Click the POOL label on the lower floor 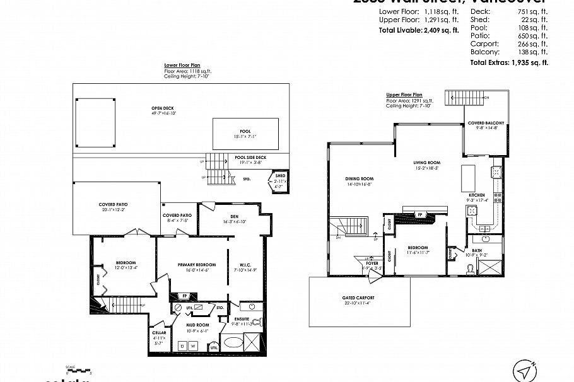point(245,131)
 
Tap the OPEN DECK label point(163,107)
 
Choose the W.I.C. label point(245,264)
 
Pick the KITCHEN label point(476,195)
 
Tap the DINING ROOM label point(358,178)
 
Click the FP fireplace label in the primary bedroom point(184,295)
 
